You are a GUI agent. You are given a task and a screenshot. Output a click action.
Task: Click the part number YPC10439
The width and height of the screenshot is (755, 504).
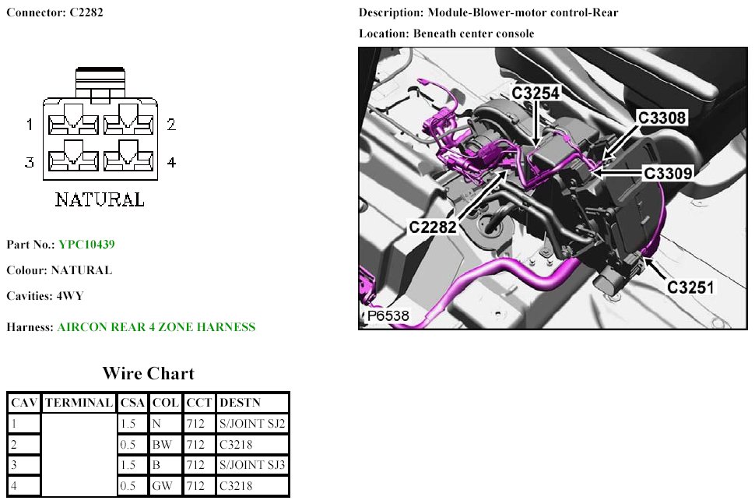coord(86,245)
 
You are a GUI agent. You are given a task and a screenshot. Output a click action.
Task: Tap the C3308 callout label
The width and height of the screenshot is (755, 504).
coord(662,118)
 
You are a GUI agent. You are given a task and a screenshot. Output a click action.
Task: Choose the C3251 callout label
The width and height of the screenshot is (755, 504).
coord(690,287)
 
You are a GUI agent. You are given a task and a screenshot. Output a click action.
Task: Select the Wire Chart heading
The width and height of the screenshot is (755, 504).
coord(148,373)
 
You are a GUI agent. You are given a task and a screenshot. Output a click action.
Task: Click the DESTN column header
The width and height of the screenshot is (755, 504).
coord(241,403)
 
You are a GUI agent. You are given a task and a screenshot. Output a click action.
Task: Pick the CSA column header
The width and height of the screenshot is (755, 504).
coord(132,403)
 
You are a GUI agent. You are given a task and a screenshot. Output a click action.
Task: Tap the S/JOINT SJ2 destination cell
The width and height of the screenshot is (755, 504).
coord(253,424)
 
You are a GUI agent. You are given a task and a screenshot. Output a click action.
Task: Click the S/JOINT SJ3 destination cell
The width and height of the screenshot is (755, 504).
coord(253,466)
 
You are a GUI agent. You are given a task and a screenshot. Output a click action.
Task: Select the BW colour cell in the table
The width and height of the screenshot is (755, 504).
coord(161,445)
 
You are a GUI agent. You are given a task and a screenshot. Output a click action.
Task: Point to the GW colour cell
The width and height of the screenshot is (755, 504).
coord(162,487)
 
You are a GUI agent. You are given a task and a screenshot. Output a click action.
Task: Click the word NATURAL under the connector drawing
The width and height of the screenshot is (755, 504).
coord(100,200)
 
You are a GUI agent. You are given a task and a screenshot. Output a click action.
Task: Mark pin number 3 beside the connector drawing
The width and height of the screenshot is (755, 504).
coord(29,162)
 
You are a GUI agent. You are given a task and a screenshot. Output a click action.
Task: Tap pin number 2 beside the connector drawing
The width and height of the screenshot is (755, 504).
coord(171,125)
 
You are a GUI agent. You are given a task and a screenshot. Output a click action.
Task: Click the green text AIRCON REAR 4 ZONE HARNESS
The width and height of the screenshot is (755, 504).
coord(156,327)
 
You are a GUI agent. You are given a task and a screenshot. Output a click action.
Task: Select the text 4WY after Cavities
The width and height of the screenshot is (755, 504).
coord(70,297)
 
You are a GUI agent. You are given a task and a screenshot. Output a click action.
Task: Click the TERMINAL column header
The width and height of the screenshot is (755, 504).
coord(78,403)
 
